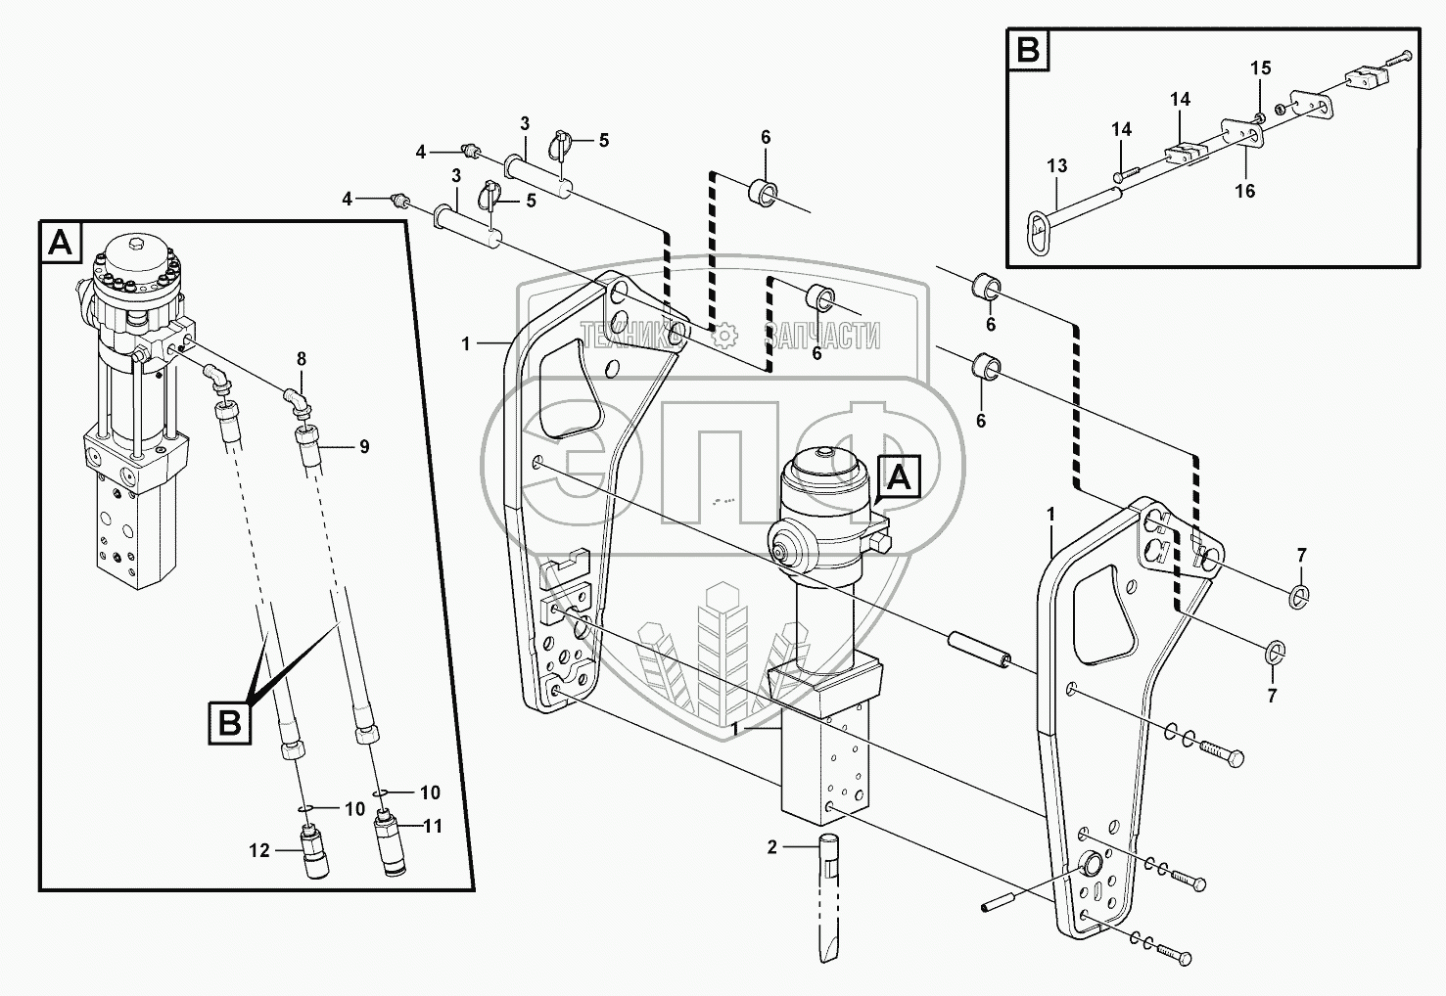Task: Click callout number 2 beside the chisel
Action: point(772,847)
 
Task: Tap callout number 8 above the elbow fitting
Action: point(302,359)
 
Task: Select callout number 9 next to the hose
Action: point(364,446)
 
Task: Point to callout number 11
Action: point(433,827)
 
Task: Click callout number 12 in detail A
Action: point(259,851)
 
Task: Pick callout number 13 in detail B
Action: point(1057,165)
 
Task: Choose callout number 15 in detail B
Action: point(1261,68)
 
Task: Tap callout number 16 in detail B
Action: point(1245,191)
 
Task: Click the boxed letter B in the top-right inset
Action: point(1028,50)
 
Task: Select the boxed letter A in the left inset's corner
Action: point(62,244)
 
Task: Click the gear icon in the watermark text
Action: point(725,336)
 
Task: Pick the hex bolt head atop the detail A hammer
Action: point(135,244)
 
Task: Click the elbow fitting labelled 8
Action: point(298,401)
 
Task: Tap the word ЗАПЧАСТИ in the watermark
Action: point(821,337)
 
